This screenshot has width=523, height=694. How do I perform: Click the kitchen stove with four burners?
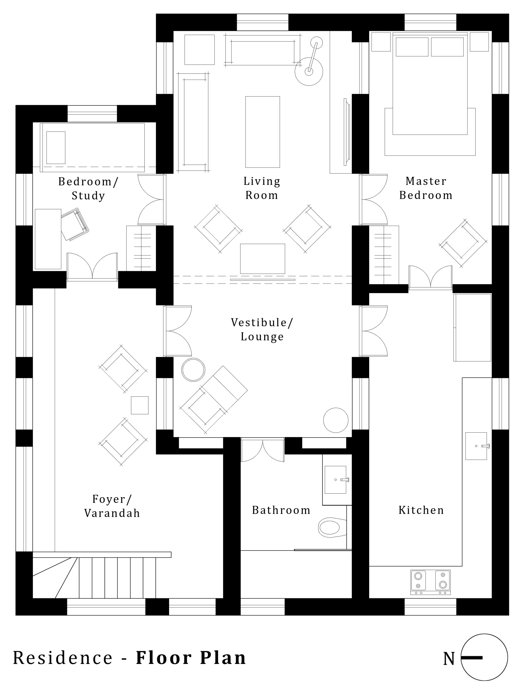point(430,582)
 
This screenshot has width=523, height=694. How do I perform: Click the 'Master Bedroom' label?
point(426,188)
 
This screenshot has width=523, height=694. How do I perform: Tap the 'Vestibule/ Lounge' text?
point(262,329)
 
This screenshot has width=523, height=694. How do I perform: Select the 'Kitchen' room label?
point(421,510)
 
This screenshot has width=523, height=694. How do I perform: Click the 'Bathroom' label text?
point(281,510)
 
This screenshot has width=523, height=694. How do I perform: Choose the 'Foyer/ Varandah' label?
point(112,506)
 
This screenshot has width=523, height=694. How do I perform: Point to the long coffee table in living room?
point(262,132)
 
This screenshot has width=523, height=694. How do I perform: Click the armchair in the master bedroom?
point(463,243)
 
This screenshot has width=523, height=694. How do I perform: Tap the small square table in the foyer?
point(140,405)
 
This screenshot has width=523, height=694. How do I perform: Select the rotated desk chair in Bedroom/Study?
point(75,224)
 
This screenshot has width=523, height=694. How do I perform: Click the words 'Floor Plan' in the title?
point(191,658)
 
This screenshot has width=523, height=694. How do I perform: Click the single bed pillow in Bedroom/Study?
point(56,147)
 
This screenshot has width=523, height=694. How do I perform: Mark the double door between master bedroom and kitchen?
point(431,277)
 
